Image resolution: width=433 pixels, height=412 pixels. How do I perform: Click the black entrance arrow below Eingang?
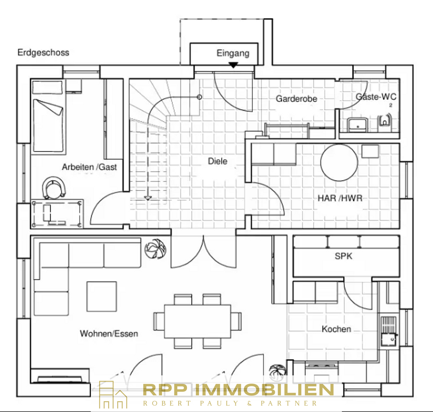pos(233,65)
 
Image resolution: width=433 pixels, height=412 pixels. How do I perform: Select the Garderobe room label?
pos(296,99)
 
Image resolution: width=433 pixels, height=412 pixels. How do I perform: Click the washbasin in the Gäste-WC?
pos(358,125)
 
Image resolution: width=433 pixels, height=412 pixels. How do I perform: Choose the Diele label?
pos(218,161)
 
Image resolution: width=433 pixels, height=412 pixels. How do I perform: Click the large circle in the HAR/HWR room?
pos(339,163)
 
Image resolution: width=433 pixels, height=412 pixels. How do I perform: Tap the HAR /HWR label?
pos(340,198)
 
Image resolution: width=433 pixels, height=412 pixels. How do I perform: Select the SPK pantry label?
pos(344,256)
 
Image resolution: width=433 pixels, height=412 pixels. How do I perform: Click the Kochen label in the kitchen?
pos(336,329)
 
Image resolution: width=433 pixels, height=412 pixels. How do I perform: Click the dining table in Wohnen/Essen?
pos(198,322)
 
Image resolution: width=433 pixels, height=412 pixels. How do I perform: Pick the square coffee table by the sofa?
pos(102,297)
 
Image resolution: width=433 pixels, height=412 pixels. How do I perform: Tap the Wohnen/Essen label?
pos(109,334)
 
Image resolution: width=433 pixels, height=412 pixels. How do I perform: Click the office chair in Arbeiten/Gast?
pos(54,188)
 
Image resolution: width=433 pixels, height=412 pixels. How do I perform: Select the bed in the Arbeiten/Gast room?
pos(48,117)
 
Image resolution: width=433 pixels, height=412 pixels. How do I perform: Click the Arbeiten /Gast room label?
pos(89,167)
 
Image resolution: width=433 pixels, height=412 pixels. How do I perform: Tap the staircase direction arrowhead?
pos(148,198)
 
